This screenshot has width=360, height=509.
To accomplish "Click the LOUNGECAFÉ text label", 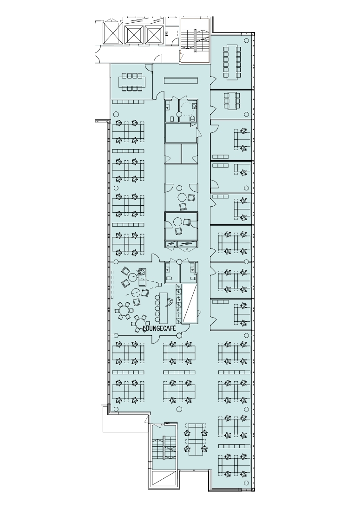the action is [159, 328].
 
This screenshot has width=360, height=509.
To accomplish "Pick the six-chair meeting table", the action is [232, 100].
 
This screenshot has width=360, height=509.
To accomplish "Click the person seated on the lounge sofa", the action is [141, 272].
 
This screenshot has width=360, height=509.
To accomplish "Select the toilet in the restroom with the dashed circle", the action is [192, 119].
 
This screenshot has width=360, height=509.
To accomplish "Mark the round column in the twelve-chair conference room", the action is [247, 40].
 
